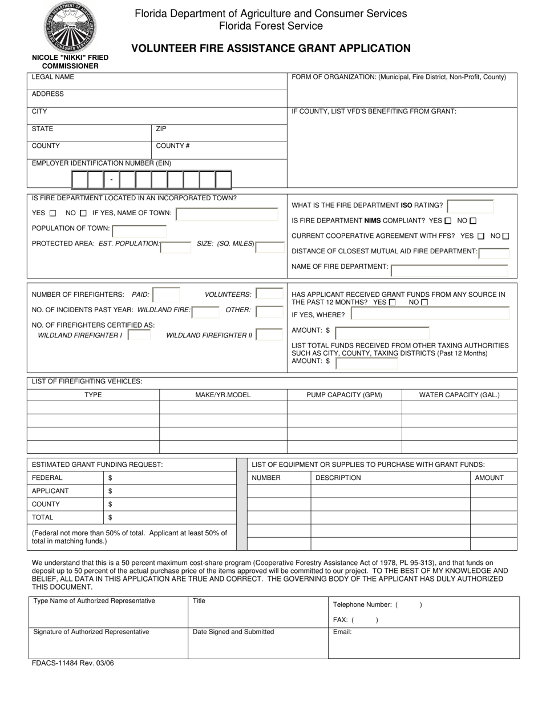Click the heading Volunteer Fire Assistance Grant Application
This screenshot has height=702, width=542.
pos(270,49)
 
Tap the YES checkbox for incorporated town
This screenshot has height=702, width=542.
pos(53,213)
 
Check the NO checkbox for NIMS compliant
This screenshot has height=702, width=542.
pos(473,221)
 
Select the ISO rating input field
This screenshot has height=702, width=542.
pos(470,205)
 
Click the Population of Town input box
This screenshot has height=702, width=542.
pos(139,230)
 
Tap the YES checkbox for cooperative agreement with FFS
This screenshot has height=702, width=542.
pos(481,236)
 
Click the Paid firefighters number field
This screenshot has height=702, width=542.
pos(166,295)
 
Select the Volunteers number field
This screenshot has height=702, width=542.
pos(269,294)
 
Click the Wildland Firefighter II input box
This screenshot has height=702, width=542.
pos(269,336)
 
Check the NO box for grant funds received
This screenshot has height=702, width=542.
pos(424,302)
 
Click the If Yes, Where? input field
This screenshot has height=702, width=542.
pos(430,314)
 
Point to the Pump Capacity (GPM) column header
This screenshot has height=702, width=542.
pos(344,395)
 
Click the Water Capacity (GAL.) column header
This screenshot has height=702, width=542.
pos(459,395)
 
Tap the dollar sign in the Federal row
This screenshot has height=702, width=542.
pos(110,478)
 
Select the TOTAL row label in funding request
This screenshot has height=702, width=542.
pos(43,518)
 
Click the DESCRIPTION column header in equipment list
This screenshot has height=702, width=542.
pos(338,478)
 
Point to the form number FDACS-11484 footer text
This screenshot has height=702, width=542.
pos(68,663)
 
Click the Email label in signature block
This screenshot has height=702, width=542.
pos(342,632)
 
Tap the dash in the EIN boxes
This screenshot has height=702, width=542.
pos(111,180)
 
